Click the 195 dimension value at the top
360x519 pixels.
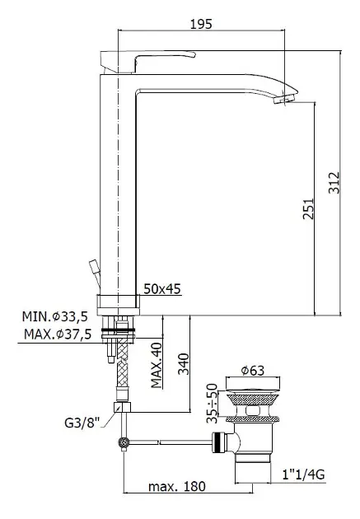pos(201,24)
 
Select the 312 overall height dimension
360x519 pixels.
pos(334,182)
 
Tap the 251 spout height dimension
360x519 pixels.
pos(308,208)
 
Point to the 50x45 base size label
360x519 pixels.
pos(162,289)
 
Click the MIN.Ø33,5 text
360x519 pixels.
pos(55,316)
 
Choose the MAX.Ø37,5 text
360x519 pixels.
pos(58,334)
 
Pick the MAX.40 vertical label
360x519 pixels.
pos(157,365)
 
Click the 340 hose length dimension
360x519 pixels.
pos(184,364)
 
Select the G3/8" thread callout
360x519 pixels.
pos(82,423)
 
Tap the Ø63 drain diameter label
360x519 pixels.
pos(252,371)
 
